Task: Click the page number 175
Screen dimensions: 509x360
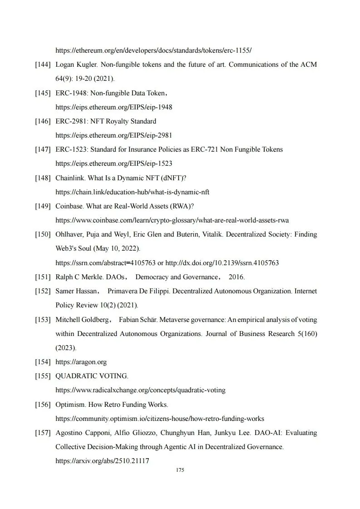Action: pyautogui.click(x=180, y=470)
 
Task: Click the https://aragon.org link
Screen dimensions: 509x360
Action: pyautogui.click(x=81, y=362)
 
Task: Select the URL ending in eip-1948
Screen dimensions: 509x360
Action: pyautogui.click(x=113, y=107)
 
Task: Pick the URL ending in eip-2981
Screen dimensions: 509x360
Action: pyautogui.click(x=113, y=135)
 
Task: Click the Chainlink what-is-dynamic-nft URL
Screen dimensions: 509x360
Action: pyautogui.click(x=132, y=192)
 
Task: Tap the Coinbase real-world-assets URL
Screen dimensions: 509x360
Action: pyautogui.click(x=172, y=220)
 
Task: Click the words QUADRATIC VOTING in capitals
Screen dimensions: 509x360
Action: pyautogui.click(x=92, y=376)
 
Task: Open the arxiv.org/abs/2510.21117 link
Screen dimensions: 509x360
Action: pyautogui.click(x=102, y=461)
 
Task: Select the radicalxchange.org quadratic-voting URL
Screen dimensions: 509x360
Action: pyautogui.click(x=140, y=390)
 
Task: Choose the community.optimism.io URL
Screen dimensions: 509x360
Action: pyautogui.click(x=160, y=419)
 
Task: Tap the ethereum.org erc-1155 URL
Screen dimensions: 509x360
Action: pyautogui.click(x=153, y=50)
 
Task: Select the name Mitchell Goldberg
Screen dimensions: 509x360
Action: pyautogui.click(x=81, y=320)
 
